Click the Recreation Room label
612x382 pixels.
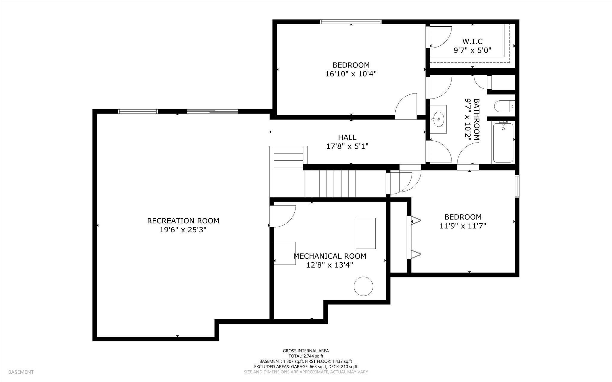point(183,221)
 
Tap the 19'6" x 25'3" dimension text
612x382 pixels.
point(183,230)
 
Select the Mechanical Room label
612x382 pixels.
point(330,256)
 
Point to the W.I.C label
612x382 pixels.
point(472,41)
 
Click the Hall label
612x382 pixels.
point(347,137)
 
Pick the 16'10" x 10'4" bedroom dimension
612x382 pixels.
point(351,73)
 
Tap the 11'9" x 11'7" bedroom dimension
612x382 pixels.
point(463,226)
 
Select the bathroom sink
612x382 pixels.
point(438,119)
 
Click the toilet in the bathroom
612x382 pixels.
point(504,106)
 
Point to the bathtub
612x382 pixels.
point(503,142)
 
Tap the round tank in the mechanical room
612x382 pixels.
point(363,286)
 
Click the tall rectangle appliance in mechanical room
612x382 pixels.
point(366,233)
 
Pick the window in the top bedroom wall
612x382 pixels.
point(351,22)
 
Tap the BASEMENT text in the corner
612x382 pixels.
point(21,372)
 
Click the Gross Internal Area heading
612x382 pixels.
point(306,351)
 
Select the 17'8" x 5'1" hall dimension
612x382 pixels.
point(347,146)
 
